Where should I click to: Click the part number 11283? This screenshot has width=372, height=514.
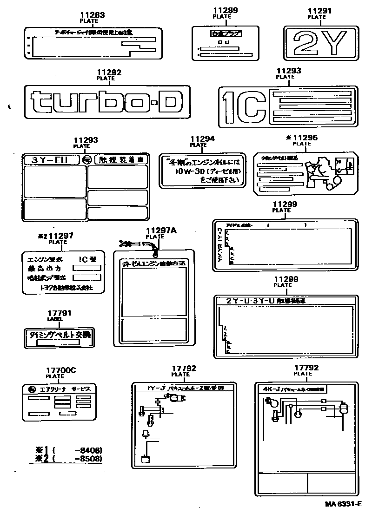(x=92, y=15)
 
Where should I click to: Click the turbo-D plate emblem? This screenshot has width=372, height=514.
(x=106, y=101)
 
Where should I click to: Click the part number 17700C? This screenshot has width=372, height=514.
(x=60, y=370)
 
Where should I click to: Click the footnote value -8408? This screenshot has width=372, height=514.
(x=88, y=450)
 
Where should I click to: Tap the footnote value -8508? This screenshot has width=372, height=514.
(x=88, y=459)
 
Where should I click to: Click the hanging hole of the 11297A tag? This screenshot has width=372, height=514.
(x=155, y=254)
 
